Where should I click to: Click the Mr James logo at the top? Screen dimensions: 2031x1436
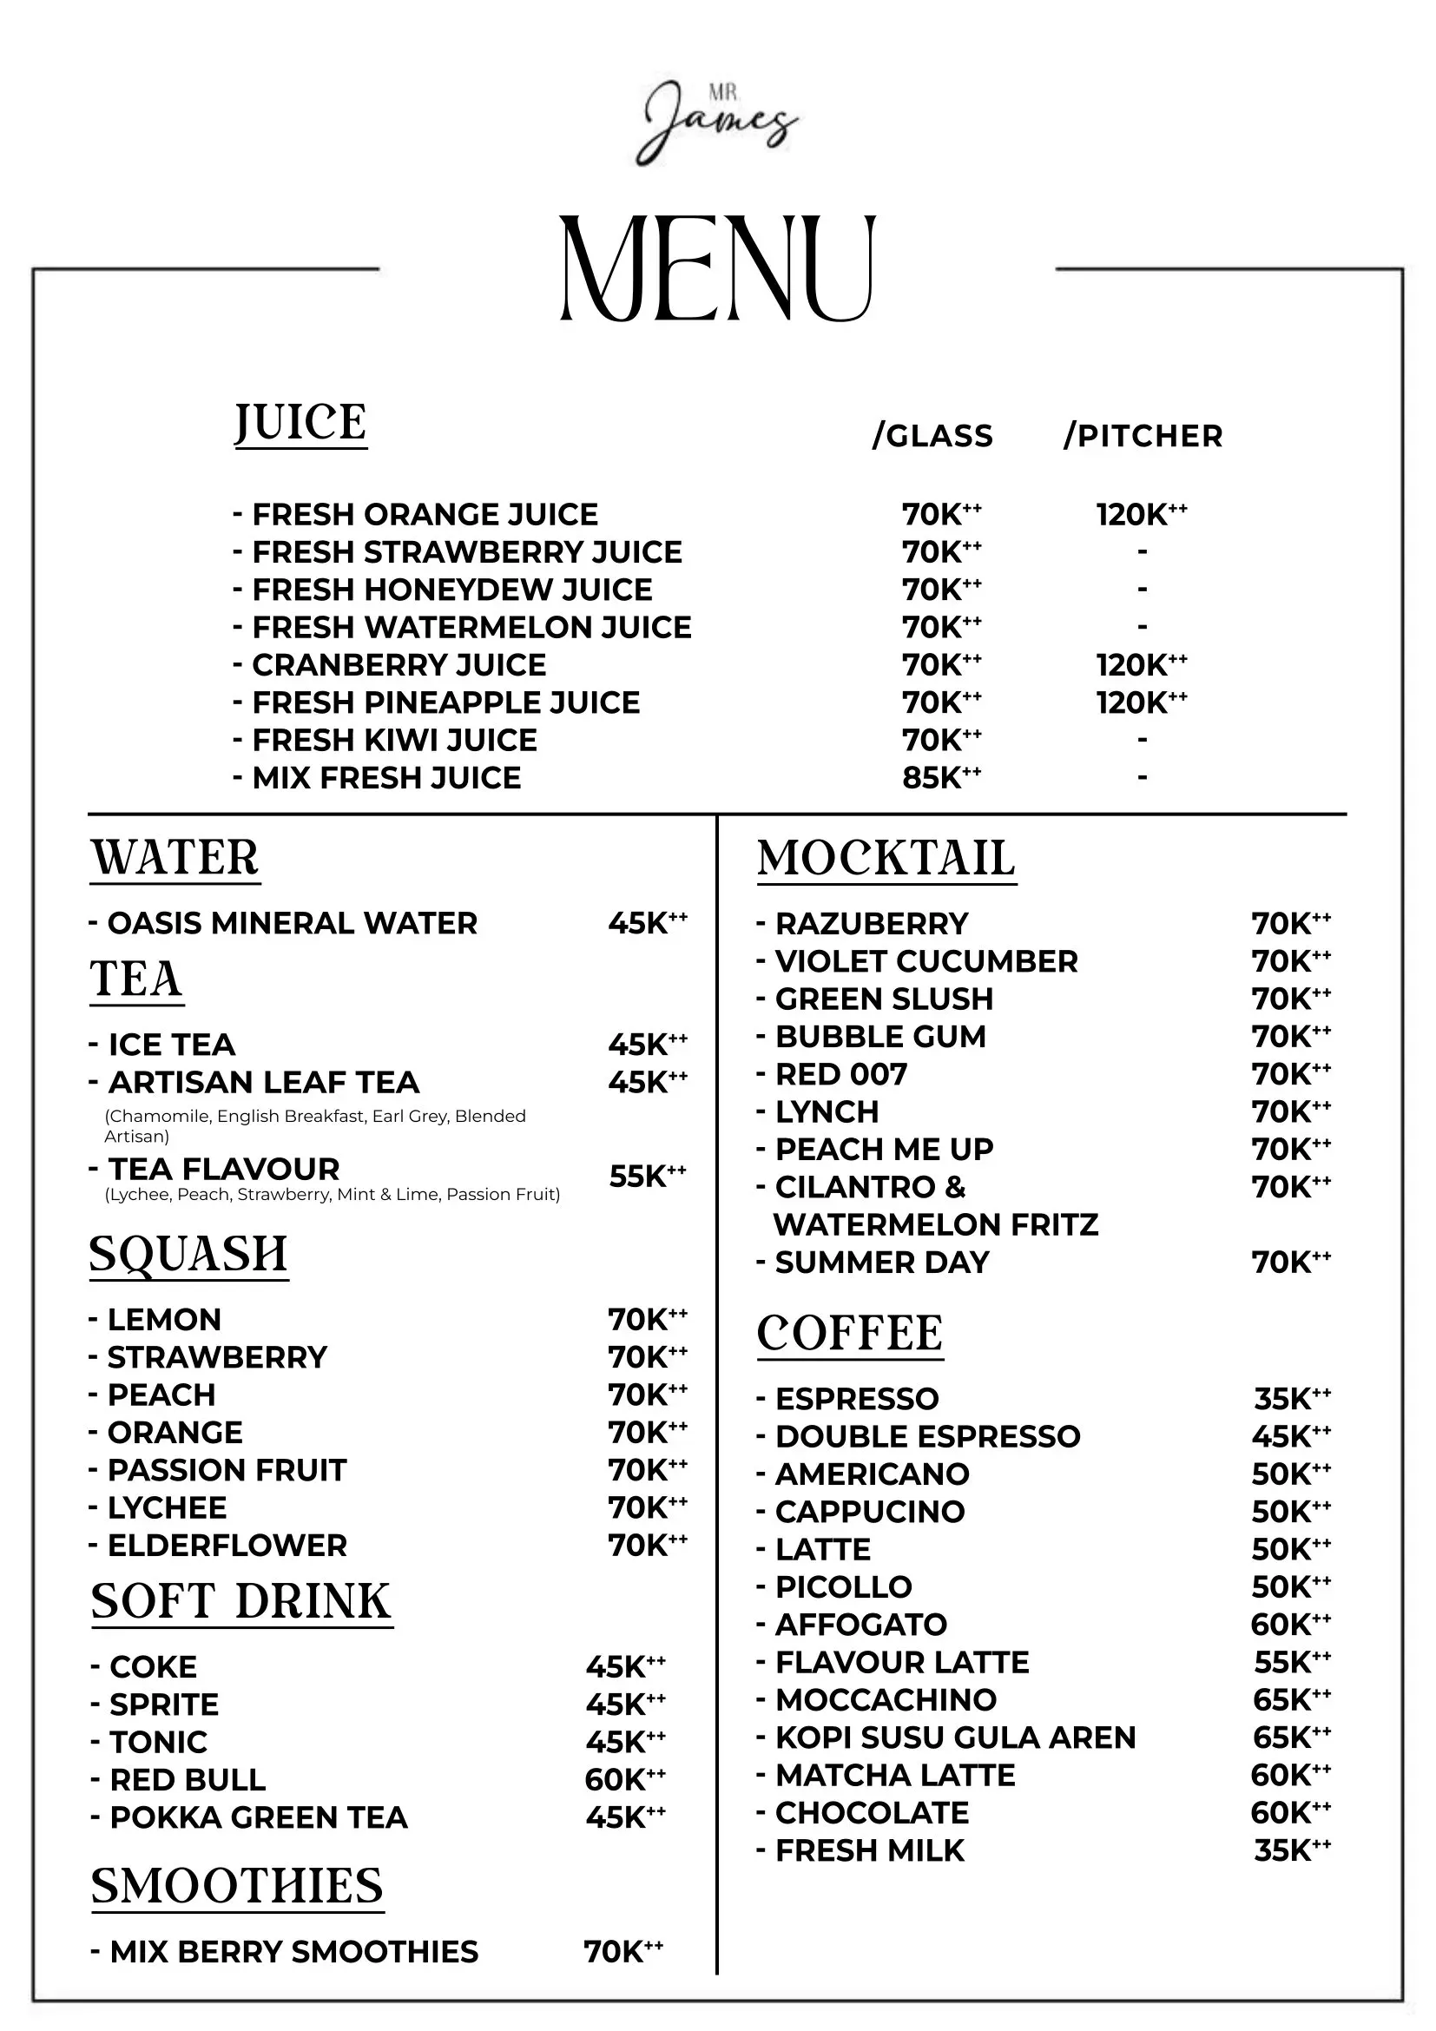click(717, 124)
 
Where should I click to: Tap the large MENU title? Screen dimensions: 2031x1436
click(717, 268)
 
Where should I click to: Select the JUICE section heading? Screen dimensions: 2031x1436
click(300, 423)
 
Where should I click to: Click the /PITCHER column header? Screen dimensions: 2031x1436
click(1143, 435)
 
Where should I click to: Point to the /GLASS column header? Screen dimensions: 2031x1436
click(932, 435)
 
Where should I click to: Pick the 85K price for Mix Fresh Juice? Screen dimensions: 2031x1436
click(941, 777)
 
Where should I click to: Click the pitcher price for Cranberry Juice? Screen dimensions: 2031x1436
click(1141, 664)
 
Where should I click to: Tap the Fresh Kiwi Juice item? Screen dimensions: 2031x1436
click(393, 740)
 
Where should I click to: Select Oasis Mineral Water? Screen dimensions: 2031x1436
click(291, 923)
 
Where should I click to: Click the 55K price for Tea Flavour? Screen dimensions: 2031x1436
click(648, 1176)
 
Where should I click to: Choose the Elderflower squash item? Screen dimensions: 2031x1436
click(227, 1546)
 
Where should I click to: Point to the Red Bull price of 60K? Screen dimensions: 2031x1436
click(624, 1779)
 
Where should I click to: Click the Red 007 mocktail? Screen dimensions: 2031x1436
click(840, 1074)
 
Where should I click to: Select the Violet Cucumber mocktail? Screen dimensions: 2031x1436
click(925, 960)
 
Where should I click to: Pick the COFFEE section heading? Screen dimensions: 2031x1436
click(850, 1333)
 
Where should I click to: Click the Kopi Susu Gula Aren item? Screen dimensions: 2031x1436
click(954, 1738)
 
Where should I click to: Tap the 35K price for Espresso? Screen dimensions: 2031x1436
click(1291, 1399)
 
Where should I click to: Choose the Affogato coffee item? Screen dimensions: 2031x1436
click(860, 1624)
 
